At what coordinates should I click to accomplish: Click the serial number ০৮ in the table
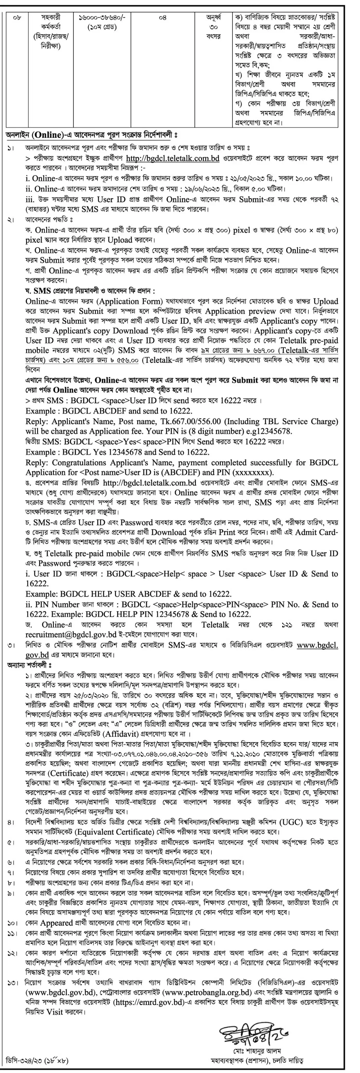click(17, 18)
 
